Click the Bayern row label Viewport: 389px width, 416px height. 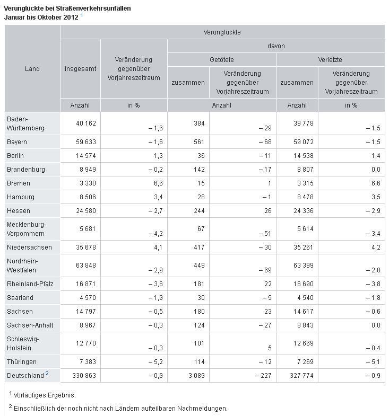coord(17,142)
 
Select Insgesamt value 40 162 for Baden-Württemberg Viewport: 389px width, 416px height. coord(86,123)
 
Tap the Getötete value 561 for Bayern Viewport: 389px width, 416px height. coord(199,142)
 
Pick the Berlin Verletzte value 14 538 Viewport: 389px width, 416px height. coord(304,156)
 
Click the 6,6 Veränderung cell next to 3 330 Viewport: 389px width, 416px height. coord(158,183)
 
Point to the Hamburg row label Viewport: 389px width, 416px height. coord(21,197)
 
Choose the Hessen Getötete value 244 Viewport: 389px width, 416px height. coord(199,211)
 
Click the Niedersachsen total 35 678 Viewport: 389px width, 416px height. coord(86,247)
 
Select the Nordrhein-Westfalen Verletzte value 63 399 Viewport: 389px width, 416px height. coord(304,265)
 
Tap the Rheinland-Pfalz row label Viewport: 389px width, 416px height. coord(30,284)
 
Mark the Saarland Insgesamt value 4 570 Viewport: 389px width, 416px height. coord(88,298)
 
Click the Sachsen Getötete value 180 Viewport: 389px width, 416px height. coord(199,312)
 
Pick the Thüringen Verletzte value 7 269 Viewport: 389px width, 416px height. coord(305,362)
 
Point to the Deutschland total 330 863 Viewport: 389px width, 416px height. coord(84,376)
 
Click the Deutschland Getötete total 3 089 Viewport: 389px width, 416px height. coord(197,376)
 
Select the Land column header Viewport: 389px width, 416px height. coord(32,69)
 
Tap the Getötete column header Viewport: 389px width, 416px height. coord(222,60)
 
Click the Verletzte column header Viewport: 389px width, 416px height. coord(330,60)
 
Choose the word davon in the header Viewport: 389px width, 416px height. coord(276,46)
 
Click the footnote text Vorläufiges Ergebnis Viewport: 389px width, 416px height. coord(45,395)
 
